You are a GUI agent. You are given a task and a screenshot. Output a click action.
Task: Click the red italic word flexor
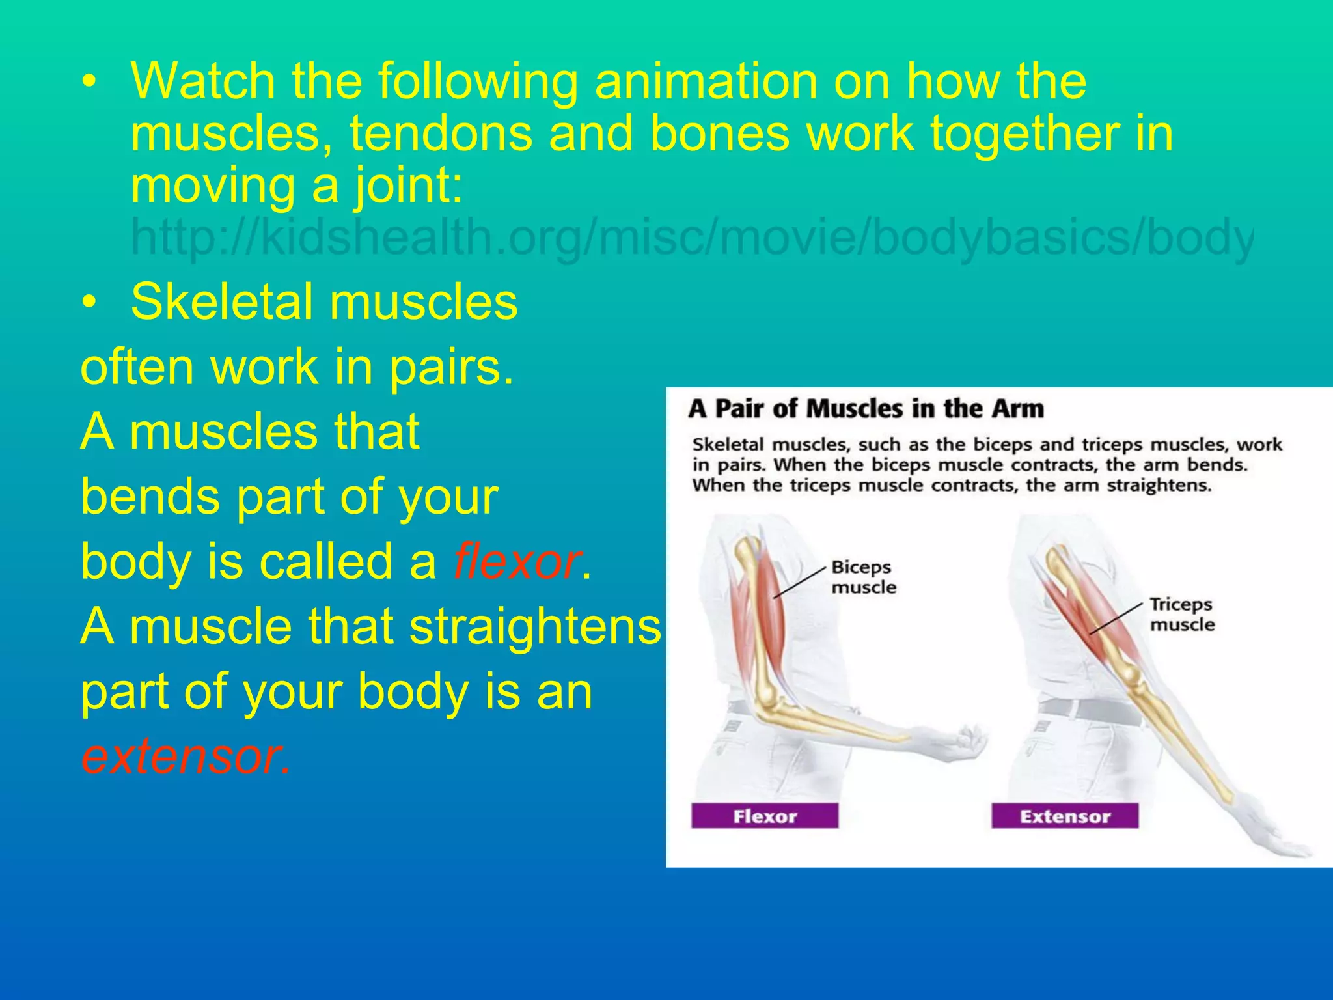[516, 561]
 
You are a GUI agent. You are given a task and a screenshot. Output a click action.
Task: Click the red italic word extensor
[184, 757]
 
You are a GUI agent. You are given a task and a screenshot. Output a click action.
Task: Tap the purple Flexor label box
[764, 816]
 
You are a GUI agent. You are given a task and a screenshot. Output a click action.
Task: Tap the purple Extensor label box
[1064, 816]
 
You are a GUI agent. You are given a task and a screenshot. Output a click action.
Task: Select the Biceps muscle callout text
[863, 577]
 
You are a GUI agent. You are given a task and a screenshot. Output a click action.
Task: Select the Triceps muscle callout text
[1181, 614]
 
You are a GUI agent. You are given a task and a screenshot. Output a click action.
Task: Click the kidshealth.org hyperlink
[690, 238]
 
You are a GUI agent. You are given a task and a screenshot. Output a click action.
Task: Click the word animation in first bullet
[706, 81]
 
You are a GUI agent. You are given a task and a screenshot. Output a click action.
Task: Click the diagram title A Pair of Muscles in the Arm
[866, 409]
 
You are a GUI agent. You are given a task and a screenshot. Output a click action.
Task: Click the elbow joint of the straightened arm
[1136, 684]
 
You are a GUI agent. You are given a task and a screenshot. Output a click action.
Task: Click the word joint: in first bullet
[408, 186]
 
